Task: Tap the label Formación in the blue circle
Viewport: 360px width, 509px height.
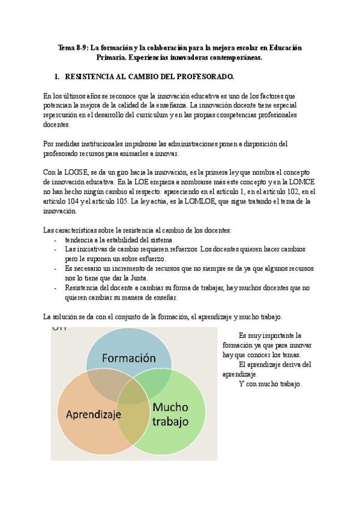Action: (x=128, y=358)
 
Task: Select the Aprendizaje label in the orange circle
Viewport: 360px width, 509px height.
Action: (x=94, y=414)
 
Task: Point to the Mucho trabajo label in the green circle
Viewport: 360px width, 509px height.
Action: (x=170, y=414)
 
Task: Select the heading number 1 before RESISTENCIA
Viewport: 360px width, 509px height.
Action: (x=56, y=77)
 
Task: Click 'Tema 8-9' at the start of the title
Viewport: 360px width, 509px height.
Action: (x=71, y=47)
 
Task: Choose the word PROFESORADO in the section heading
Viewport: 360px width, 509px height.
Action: (x=203, y=77)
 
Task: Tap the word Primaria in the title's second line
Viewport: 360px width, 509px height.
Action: (x=111, y=58)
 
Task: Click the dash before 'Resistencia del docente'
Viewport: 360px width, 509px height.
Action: (x=56, y=288)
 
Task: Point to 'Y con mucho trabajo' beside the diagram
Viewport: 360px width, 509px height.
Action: (x=270, y=384)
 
